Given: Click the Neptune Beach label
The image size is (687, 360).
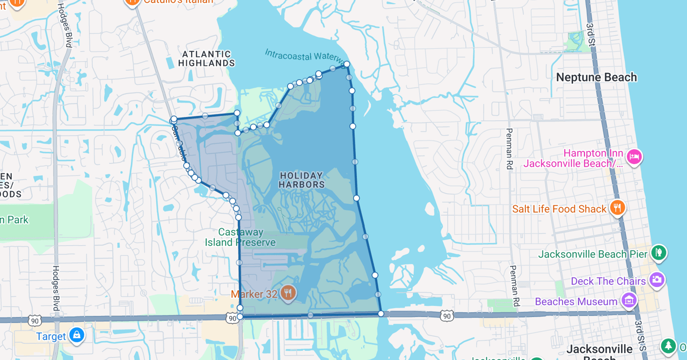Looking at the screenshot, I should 596,77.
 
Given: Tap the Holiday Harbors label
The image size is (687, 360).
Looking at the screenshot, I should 302,180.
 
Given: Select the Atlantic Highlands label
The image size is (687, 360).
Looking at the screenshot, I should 207,58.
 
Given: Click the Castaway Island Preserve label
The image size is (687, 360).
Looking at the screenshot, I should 240,237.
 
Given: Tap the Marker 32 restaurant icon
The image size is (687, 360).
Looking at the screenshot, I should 288,293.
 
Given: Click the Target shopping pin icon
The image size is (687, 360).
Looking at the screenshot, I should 77,335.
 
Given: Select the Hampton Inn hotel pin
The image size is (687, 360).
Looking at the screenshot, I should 634,157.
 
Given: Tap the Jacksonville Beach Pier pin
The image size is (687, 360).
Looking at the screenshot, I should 659,252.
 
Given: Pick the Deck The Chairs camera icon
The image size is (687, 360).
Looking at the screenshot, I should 656,280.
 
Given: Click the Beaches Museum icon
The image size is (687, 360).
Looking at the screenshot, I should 628,300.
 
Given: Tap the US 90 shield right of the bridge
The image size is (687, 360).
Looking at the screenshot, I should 447,317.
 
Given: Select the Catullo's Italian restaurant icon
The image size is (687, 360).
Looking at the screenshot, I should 131,2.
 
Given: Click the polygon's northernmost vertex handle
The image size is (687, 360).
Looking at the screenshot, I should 347,64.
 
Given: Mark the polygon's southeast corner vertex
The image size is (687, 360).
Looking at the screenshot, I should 381,313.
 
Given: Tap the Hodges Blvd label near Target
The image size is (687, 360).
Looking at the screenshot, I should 55,288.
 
